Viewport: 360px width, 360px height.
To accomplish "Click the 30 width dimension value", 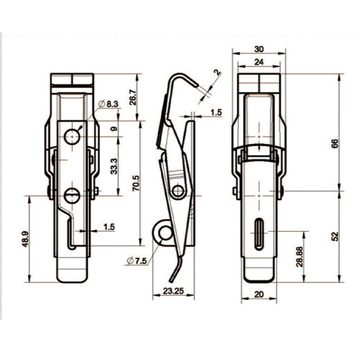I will coord(260,49).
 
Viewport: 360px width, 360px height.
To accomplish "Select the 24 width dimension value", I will coord(260,62).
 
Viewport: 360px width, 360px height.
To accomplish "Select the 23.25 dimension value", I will coord(173,290).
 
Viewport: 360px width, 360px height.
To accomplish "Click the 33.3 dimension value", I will coord(114,166).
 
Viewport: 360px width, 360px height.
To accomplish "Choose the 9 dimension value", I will coord(113,128).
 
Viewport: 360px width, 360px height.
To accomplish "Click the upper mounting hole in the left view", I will coord(72,136).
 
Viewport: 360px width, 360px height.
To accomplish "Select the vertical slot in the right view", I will coord(260,233).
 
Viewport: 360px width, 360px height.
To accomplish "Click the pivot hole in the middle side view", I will coord(180,191).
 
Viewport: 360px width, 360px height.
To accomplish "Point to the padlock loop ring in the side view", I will coord(164,233).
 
